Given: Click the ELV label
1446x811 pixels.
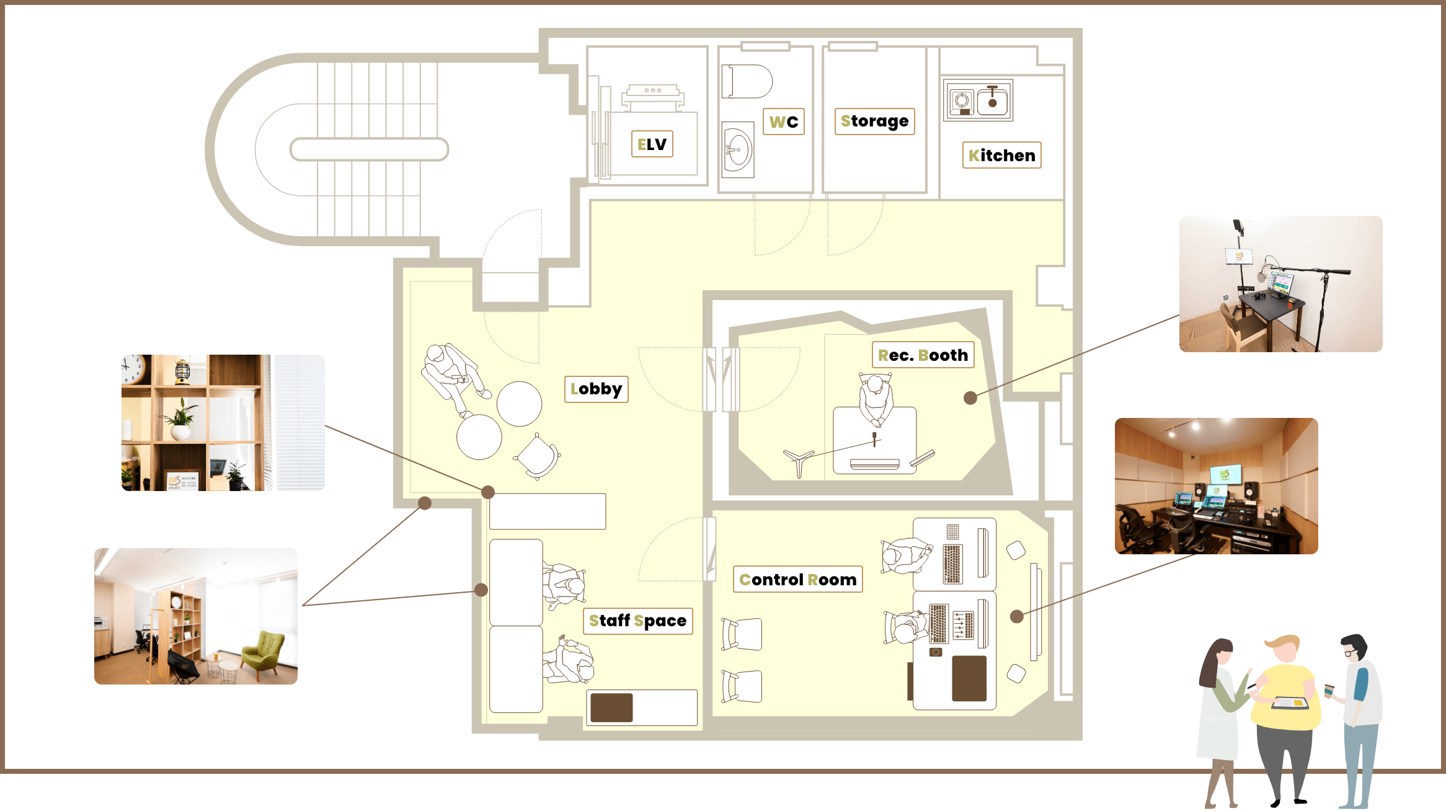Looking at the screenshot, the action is pos(652,144).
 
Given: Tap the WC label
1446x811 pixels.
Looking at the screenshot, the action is pos(783,122).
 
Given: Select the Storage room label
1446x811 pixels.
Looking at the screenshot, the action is pos(874,121).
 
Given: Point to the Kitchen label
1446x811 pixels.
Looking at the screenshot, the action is pos(1001,155).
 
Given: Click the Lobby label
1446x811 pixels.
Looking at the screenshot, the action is pos(596,389).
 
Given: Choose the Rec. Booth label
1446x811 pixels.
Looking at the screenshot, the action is pos(923,355).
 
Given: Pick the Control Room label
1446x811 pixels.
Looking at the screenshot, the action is pos(797,579).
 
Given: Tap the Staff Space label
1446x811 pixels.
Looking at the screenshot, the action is pos(637,621).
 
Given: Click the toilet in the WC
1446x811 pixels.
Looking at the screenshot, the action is pos(747,81).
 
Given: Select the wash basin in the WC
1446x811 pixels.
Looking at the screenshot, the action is pos(738,149).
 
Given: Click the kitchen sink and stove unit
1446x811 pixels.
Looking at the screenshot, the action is pos(978,100).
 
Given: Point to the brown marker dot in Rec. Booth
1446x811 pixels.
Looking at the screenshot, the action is pos(970,398).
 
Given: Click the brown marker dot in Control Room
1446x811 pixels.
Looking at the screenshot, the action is pos(1016,616).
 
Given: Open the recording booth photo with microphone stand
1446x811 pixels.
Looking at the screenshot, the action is pos(1280,284).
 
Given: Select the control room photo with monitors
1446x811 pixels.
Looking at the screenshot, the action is pos(1216,486).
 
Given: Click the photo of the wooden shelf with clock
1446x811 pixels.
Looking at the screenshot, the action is pos(223,423).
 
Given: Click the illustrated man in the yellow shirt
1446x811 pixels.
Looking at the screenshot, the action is pos(1285,719).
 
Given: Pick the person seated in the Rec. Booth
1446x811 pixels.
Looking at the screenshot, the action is pos(876,400).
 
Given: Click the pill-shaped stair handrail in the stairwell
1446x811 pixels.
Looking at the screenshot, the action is pos(369,149).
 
